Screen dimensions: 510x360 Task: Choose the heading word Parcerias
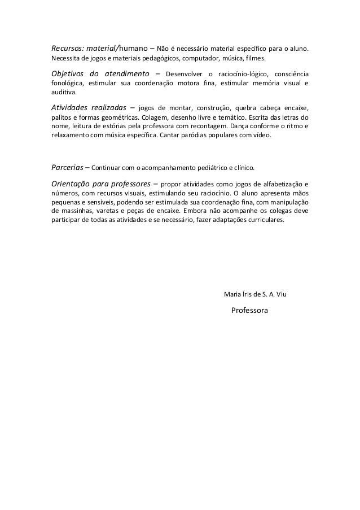coord(68,168)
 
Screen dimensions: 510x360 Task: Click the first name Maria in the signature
coord(232,294)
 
